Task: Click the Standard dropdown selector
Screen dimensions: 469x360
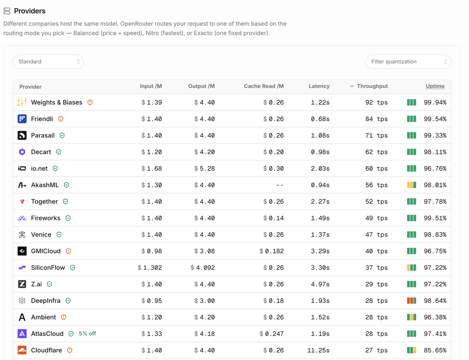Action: coord(48,62)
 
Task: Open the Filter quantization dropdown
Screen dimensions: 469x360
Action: coord(408,62)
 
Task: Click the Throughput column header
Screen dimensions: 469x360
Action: coord(372,86)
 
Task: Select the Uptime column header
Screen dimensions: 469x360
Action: coord(435,86)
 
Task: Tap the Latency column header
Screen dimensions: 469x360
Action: coord(319,86)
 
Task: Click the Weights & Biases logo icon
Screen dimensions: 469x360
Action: coord(22,102)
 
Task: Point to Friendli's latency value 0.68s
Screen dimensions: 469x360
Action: coord(320,119)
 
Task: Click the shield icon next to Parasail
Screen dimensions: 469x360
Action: coord(62,136)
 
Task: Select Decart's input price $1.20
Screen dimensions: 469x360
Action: coord(152,152)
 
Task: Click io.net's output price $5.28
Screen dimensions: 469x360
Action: coord(204,168)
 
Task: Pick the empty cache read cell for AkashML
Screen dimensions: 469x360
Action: coord(280,185)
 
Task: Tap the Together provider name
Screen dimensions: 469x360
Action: coord(45,202)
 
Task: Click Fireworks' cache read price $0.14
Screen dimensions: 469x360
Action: coord(274,218)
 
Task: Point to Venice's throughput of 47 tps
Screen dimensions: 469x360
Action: coord(376,235)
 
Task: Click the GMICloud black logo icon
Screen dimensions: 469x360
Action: coord(22,251)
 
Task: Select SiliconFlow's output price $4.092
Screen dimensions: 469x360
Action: coord(203,268)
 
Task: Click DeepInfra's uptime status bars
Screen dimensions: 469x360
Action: coord(412,301)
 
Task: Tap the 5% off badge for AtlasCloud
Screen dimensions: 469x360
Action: coord(87,334)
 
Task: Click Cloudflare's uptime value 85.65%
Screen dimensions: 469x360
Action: coord(435,350)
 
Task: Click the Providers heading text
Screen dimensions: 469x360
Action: coord(30,11)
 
